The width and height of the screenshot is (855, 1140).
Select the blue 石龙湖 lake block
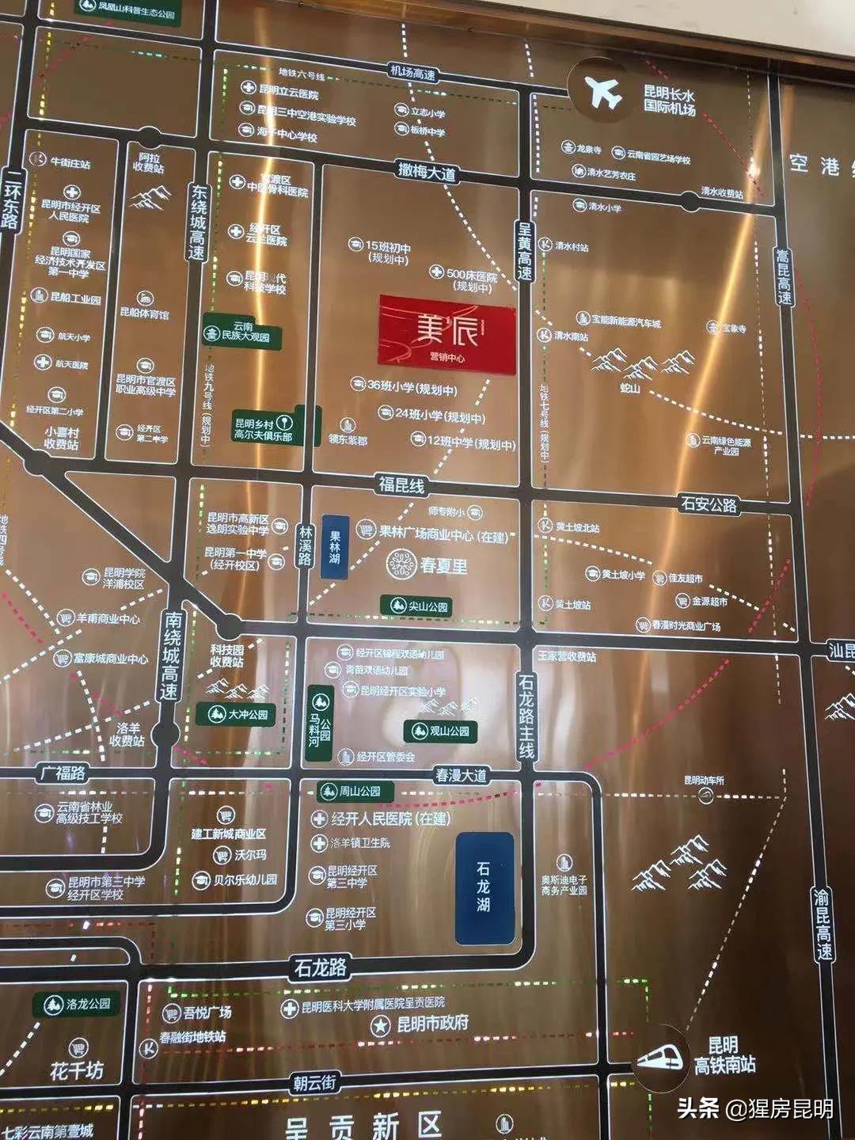[484, 887]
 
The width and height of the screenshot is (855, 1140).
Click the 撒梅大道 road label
[427, 172]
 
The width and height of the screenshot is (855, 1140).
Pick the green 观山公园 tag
[441, 731]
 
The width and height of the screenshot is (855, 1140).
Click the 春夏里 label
[443, 565]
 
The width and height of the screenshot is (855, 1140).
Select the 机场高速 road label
[412, 74]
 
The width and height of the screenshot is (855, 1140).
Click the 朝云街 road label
[315, 1082]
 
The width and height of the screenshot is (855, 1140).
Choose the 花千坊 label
[76, 1071]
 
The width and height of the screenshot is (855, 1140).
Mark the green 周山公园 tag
[350, 791]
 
